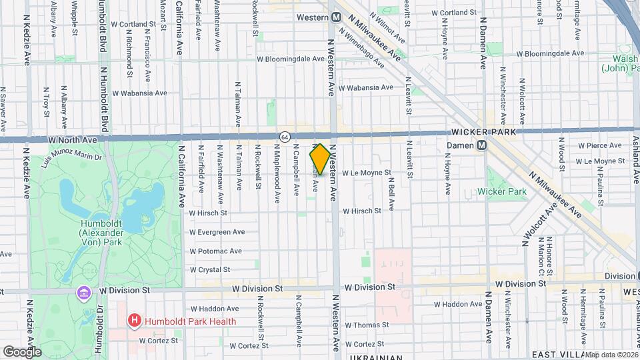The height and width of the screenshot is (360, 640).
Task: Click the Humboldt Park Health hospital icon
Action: (x=135, y=321)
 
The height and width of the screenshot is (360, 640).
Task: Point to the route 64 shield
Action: (x=285, y=137)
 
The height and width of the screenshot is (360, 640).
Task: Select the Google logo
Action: (x=22, y=351)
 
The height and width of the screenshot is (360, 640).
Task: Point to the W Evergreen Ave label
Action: (x=217, y=232)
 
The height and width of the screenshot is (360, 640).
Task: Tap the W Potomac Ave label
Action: (x=215, y=251)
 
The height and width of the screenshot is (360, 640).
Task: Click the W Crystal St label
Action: (x=209, y=270)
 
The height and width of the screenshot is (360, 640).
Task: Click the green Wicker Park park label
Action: (x=502, y=192)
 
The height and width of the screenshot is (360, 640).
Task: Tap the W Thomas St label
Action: (x=365, y=325)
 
